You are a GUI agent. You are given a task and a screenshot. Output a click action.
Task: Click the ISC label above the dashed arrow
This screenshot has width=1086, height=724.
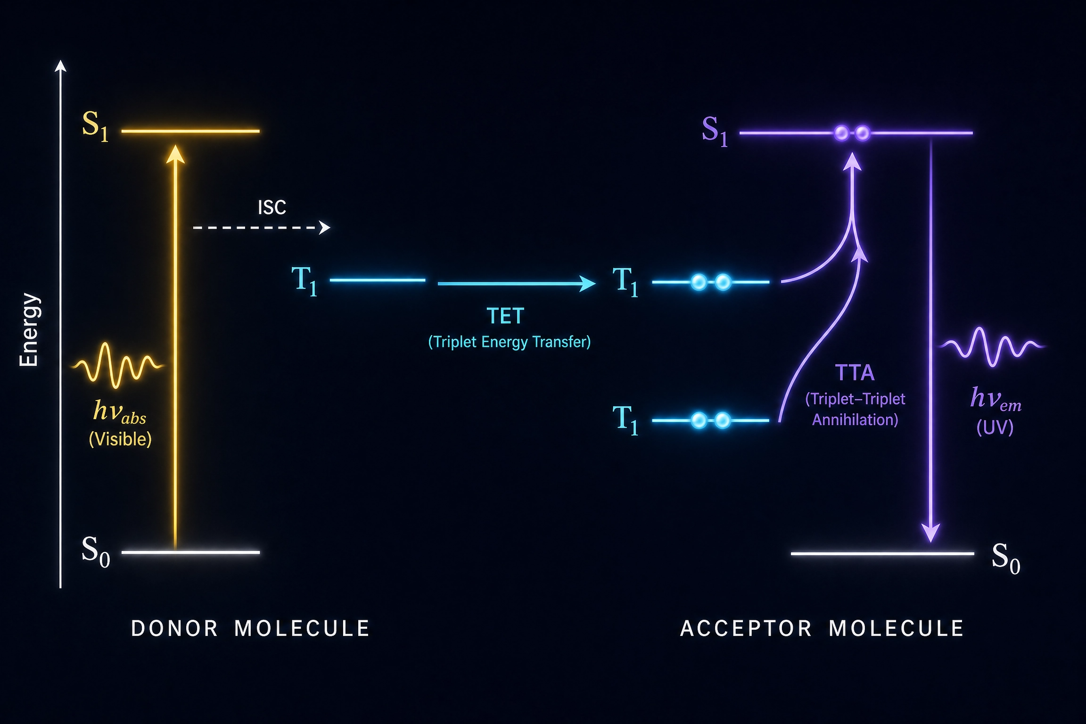[x=272, y=207]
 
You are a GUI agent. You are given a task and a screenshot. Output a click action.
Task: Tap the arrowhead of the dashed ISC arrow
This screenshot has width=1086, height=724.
[x=325, y=228]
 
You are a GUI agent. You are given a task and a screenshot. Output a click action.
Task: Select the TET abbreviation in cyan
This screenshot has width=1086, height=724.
[x=505, y=316]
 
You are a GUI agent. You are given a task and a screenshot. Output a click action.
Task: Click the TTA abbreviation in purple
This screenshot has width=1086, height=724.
[x=855, y=373]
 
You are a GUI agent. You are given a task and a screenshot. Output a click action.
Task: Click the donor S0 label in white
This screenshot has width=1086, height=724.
[x=96, y=551]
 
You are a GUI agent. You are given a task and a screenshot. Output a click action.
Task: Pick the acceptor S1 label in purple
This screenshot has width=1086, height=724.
[x=715, y=131]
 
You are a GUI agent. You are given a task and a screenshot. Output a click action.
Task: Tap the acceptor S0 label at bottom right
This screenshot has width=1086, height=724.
[x=1006, y=558]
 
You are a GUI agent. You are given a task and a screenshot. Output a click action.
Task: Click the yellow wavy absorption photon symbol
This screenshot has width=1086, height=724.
[x=118, y=365]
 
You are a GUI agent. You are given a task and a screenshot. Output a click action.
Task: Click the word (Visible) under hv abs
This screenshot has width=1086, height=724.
[x=120, y=439]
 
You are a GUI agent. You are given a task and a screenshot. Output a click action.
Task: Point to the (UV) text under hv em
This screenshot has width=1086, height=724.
[x=995, y=428]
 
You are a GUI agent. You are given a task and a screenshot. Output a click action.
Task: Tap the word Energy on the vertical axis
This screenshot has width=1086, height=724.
[x=29, y=329]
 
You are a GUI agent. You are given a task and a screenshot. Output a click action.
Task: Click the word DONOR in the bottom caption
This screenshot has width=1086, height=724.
[x=174, y=629]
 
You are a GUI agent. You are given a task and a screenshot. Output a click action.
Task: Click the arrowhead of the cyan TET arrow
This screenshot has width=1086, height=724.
[x=587, y=283]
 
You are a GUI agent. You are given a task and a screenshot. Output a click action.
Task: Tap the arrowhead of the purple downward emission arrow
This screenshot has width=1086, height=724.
[x=931, y=533]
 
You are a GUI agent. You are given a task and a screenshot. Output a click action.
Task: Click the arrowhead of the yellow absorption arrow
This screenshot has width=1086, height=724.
[x=175, y=154]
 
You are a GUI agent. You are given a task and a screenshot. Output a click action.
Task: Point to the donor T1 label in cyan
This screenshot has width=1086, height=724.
[x=304, y=280]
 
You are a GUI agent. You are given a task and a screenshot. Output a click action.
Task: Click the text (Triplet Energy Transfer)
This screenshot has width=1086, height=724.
[x=509, y=342]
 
